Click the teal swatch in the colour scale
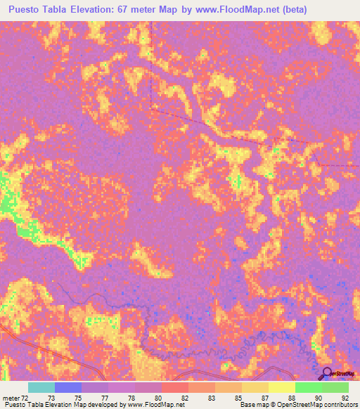(x=41, y=387)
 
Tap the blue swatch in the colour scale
(x=68, y=387)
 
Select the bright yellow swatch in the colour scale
(x=281, y=387)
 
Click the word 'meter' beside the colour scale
(x=11, y=397)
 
